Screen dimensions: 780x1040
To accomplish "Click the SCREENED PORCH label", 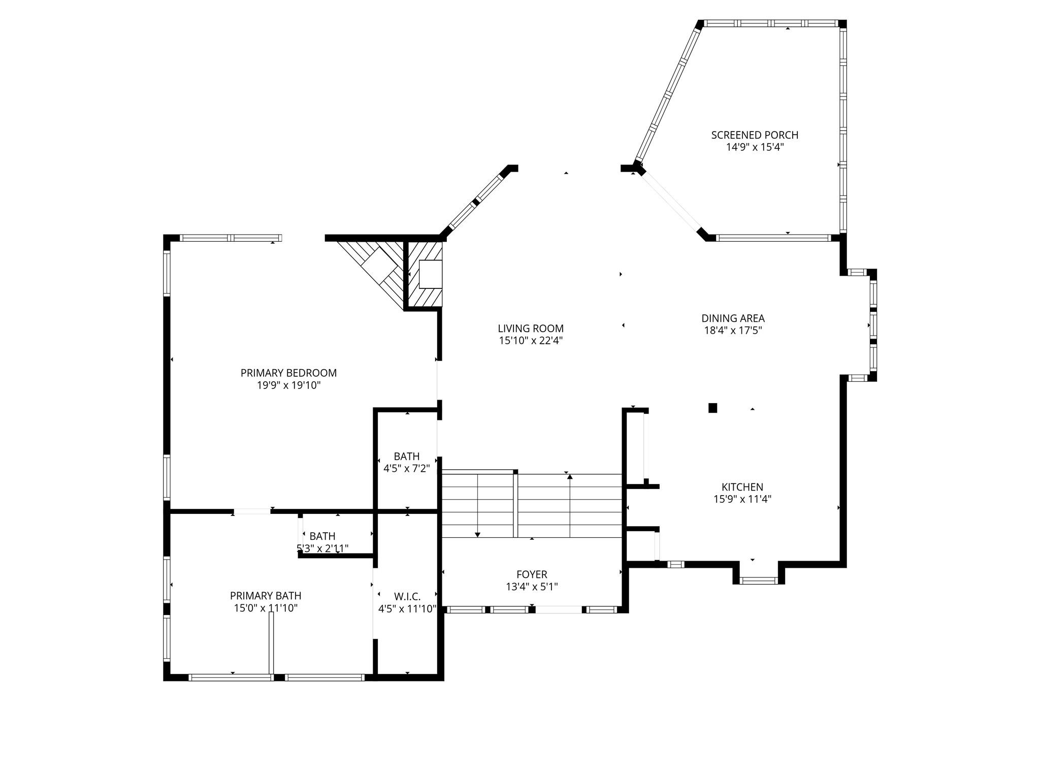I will pos(754,135).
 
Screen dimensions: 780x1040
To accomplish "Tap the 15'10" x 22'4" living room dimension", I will pos(531,341).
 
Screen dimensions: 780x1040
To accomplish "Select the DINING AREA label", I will pos(733,318).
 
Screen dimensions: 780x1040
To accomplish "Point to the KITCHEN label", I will pos(742,487).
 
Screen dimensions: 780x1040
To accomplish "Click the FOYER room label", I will pos(532,574).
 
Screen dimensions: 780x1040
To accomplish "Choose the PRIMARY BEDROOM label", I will pos(288,373).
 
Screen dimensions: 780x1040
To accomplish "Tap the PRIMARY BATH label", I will pos(266,596).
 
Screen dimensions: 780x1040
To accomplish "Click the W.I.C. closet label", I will pos(407,596).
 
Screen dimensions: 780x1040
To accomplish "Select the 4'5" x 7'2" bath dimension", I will pos(407,468).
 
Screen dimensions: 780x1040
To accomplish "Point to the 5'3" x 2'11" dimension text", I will pos(322,548).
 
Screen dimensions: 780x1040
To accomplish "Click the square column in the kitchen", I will pos(712,407).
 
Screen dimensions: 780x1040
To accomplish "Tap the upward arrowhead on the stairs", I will pos(570,477).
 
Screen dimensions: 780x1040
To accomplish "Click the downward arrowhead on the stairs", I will pos(477,534).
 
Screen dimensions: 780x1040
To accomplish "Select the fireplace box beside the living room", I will pos(430,274).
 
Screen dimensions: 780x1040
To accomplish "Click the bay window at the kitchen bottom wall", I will pos(758,580).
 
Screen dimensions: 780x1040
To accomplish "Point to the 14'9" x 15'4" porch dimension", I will pos(755,147).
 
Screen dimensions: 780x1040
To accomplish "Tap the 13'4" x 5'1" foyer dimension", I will pos(532,587).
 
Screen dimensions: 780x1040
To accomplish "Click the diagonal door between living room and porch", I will pos(670,202).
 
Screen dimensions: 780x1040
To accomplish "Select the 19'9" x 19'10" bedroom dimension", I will pos(288,385).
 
